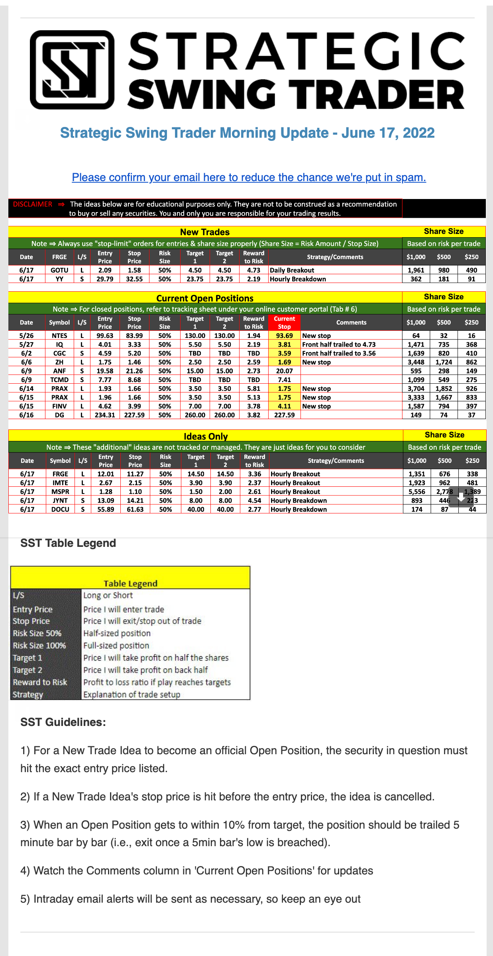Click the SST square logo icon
tap(72, 70)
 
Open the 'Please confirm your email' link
tap(249, 178)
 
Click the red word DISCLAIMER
tap(32, 204)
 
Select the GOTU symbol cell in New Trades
tap(59, 270)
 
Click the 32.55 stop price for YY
tap(134, 279)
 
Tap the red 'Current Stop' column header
tap(284, 322)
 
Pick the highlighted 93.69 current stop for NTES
tap(284, 336)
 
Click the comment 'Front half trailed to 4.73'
tap(339, 344)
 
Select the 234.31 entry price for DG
tap(105, 415)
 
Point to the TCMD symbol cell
tap(59, 380)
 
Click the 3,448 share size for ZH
tap(416, 362)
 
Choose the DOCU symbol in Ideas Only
tap(60, 509)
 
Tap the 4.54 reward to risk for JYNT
tap(254, 501)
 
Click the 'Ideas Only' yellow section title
tap(206, 436)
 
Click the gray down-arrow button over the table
tap(461, 497)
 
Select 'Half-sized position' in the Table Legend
tap(117, 633)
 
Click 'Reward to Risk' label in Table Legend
tap(40, 682)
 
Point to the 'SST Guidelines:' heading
tap(63, 722)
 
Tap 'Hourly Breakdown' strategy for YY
tap(298, 279)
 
